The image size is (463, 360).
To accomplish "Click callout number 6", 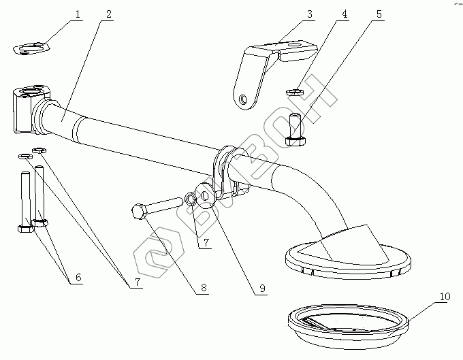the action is tap(78, 278).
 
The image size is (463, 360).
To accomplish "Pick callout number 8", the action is tap(202, 288).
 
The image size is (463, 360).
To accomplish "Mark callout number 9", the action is tap(259, 288).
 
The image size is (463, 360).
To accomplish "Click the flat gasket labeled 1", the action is tap(32, 49).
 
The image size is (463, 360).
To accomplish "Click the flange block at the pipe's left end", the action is tap(27, 109).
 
